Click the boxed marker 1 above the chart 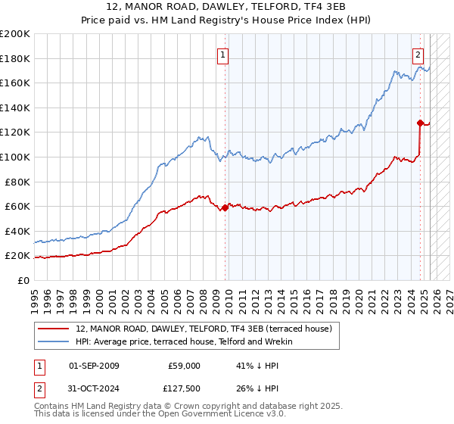click(223, 55)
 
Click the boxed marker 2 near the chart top click(418, 55)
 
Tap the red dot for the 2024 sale click(419, 122)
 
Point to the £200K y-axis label click(15, 34)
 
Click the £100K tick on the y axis click(15, 157)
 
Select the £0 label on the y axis click(23, 280)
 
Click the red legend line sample click(54, 329)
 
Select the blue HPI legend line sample click(54, 342)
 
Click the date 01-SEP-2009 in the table click(94, 366)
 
